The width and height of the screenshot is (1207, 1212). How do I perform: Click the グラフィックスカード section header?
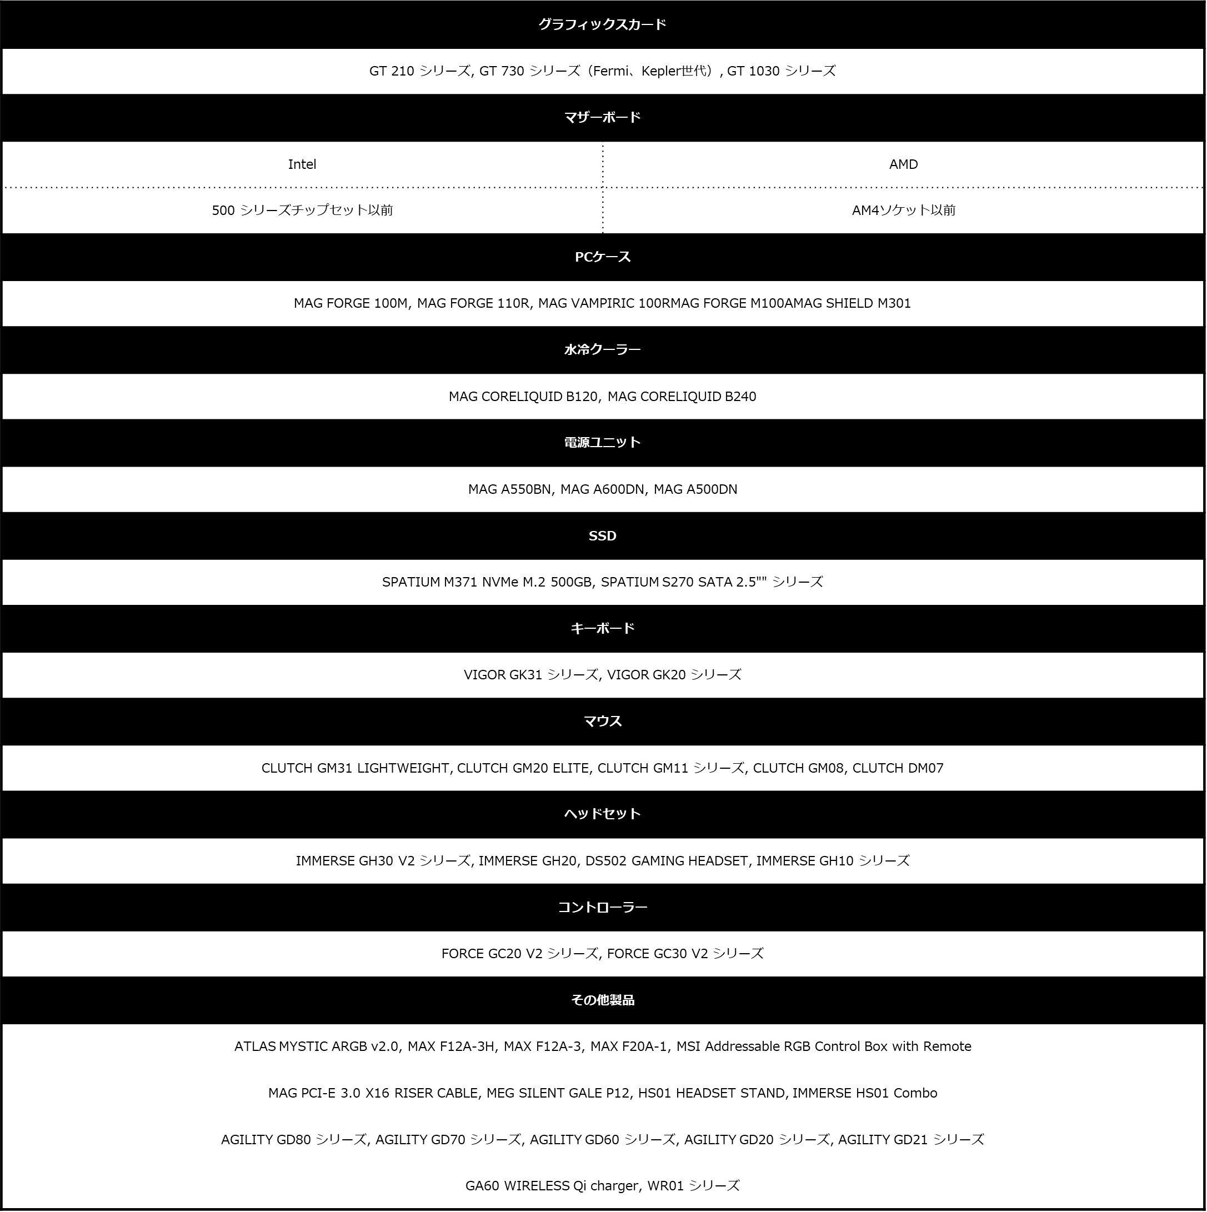[x=602, y=24]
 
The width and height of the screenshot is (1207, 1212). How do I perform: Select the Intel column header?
[x=302, y=164]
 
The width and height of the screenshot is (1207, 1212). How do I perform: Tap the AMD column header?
[x=903, y=164]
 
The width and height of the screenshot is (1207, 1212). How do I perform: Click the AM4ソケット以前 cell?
[x=903, y=210]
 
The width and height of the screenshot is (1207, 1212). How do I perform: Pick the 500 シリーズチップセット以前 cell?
[x=302, y=210]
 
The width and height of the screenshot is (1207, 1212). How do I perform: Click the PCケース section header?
[x=602, y=257]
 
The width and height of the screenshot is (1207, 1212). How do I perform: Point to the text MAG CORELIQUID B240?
[x=682, y=397]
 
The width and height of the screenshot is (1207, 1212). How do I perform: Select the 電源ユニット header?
[x=602, y=442]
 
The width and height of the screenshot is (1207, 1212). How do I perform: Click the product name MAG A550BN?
[x=509, y=489]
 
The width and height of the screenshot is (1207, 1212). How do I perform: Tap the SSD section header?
[x=602, y=536]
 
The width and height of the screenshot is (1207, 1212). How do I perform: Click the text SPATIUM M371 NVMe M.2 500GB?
[x=487, y=582]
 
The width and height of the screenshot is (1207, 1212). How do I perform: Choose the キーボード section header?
[x=602, y=628]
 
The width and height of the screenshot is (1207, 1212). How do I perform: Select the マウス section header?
[x=602, y=721]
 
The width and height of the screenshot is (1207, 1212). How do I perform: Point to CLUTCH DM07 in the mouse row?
[x=898, y=768]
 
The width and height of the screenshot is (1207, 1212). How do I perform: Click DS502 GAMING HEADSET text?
[x=667, y=861]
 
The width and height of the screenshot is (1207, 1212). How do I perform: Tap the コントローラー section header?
[x=602, y=907]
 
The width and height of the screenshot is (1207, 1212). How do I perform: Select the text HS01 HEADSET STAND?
[x=712, y=1093]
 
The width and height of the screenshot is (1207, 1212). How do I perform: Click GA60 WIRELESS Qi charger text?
[x=552, y=1186]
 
